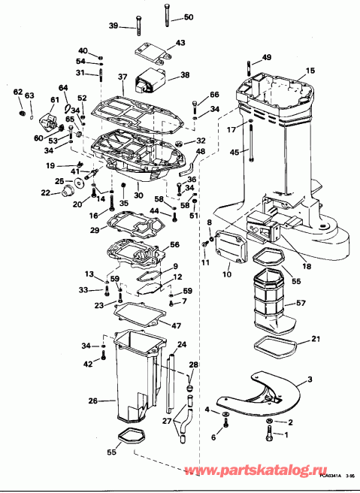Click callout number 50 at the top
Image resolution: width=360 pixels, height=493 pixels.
[x=187, y=17]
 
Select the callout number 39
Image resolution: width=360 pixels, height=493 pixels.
[x=113, y=26]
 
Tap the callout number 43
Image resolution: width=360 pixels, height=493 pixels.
[x=180, y=43]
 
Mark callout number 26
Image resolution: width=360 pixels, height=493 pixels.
[x=92, y=401]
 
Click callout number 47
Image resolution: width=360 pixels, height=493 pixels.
[x=177, y=325]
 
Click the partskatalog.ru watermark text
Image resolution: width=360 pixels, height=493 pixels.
[x=259, y=471]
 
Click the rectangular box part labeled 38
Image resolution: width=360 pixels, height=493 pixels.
[x=150, y=80]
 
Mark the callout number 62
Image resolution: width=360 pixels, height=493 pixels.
[x=18, y=92]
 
